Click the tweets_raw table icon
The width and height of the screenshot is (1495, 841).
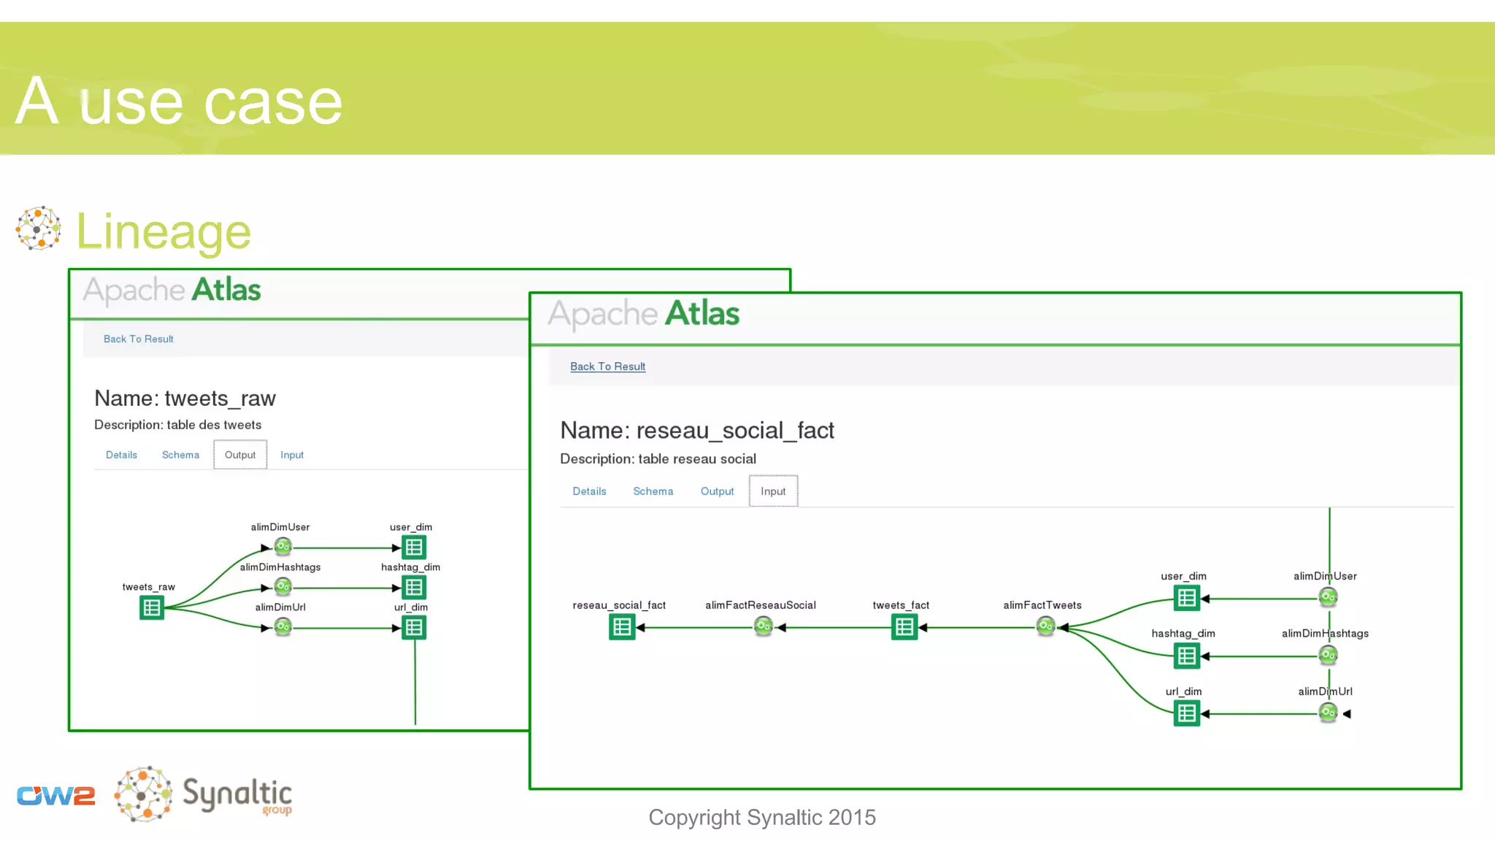coord(152,607)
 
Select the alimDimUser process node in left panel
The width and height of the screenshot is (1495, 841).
coord(283,546)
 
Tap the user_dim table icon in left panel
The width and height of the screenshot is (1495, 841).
coord(414,547)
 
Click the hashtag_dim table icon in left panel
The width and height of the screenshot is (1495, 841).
coord(414,587)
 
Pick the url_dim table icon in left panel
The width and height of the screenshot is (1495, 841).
coord(414,627)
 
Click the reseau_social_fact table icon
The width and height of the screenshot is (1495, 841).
coord(622,626)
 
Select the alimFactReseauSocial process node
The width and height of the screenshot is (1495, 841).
coord(763,626)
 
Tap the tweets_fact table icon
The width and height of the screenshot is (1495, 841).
coord(904,626)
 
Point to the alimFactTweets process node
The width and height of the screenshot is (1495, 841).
coord(1045,626)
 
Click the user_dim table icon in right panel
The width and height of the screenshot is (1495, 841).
coord(1187,599)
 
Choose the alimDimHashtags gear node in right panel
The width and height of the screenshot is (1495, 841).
coord(1328,656)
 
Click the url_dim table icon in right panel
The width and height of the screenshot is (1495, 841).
coord(1187,713)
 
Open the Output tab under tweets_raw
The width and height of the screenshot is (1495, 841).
coord(240,455)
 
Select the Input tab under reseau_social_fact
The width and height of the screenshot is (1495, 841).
coord(773,491)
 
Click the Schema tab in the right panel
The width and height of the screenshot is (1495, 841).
coord(653,491)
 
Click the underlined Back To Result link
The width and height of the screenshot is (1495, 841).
coord(607,366)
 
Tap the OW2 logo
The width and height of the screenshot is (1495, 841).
coord(56,795)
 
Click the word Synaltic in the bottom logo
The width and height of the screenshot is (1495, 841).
coord(237,793)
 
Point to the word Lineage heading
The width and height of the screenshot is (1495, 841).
coord(164,232)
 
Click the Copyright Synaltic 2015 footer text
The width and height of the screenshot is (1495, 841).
coord(761,818)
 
